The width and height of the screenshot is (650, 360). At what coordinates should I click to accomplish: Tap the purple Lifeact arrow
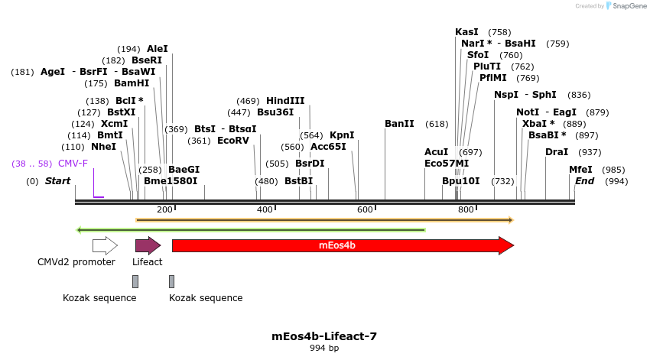click(148, 245)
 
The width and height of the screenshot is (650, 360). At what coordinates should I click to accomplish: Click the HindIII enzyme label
click(285, 101)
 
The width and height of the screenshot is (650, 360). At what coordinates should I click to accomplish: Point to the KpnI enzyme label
click(342, 135)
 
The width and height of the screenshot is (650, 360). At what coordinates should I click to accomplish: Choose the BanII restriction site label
click(399, 124)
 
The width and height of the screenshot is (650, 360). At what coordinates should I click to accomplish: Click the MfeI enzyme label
click(580, 170)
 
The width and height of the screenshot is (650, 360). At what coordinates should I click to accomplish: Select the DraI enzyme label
click(557, 152)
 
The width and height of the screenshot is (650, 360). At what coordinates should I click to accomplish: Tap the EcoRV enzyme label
click(233, 141)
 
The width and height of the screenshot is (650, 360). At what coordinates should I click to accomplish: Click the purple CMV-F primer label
click(73, 164)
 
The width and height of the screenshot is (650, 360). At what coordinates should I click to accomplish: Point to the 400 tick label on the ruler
click(265, 209)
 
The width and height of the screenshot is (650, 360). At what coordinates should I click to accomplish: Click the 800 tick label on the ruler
click(465, 209)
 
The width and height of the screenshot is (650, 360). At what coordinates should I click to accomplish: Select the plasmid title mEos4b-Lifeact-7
click(324, 336)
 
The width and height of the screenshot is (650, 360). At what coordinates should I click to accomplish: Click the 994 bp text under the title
click(324, 349)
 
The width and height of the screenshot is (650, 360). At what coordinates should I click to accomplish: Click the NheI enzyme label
click(104, 147)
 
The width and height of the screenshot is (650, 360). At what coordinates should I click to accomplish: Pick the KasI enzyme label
click(466, 32)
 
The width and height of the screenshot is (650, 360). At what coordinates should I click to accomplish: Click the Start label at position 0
click(58, 181)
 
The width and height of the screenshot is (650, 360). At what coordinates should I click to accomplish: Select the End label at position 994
click(584, 181)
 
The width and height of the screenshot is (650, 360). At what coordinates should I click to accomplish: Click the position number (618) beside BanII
click(437, 124)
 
